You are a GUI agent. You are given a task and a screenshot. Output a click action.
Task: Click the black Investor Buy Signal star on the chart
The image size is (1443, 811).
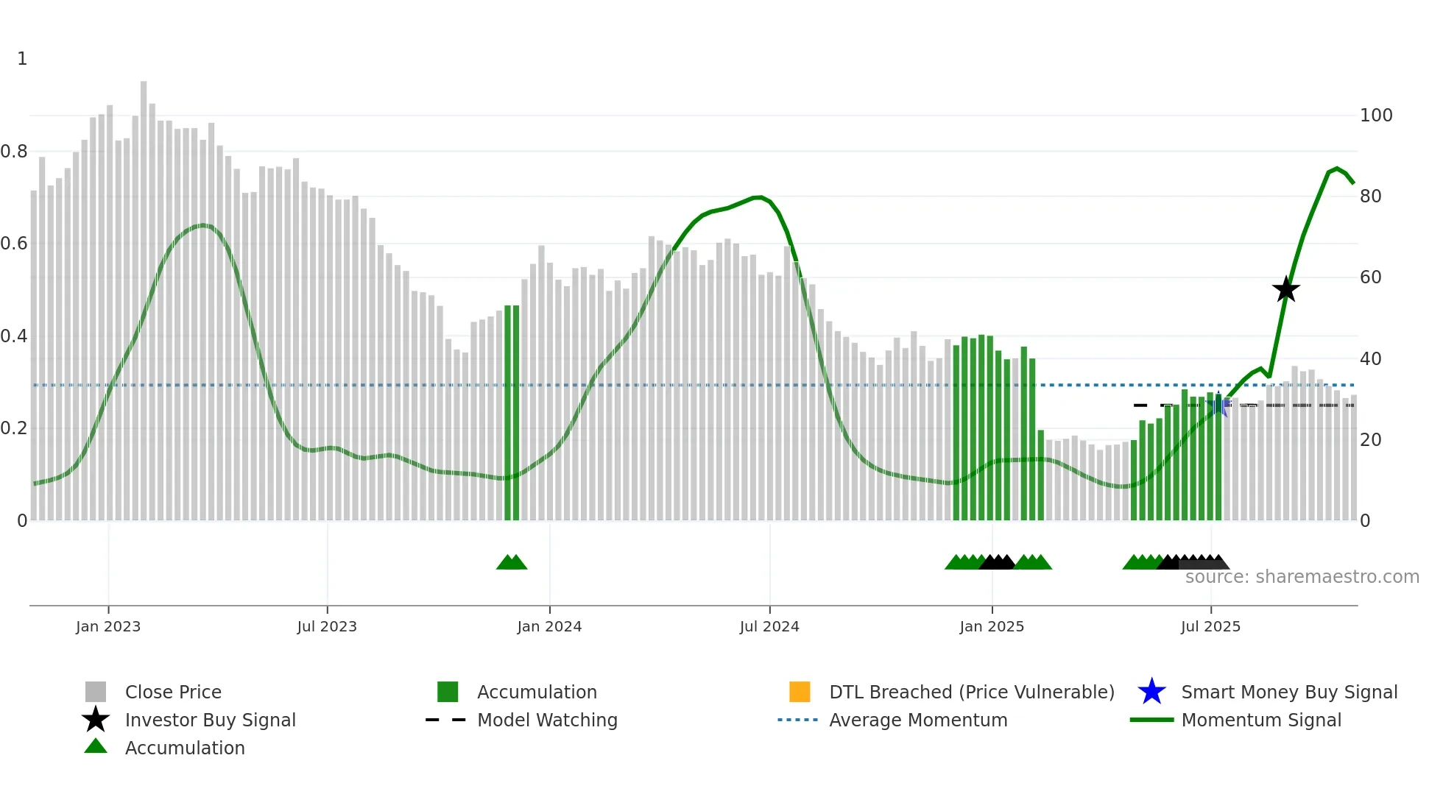[x=1285, y=289]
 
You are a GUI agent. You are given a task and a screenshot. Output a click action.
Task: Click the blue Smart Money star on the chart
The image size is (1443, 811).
[x=1218, y=405]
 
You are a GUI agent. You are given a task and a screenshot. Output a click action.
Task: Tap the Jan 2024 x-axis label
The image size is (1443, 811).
[x=549, y=626]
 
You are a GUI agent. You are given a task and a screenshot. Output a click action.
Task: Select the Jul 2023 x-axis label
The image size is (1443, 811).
[x=327, y=626]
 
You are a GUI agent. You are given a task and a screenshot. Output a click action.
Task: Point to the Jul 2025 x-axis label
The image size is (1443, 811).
[x=1210, y=626]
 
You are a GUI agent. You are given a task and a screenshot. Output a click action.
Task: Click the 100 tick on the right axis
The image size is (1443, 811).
[x=1375, y=116]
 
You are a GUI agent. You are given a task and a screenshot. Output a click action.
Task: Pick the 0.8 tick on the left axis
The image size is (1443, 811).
[x=14, y=152]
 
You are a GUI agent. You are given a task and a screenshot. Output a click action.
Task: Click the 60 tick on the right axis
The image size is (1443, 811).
[x=1370, y=277]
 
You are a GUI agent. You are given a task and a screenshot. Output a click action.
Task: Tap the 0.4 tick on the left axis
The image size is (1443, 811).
[x=14, y=336]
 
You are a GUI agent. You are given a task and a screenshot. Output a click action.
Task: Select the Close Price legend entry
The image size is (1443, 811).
[x=172, y=692]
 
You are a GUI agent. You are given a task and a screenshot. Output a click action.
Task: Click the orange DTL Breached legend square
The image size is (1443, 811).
[x=800, y=692]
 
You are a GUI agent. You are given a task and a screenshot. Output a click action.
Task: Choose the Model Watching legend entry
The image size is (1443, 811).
[x=546, y=720]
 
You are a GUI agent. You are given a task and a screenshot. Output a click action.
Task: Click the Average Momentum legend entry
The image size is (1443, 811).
[x=917, y=720]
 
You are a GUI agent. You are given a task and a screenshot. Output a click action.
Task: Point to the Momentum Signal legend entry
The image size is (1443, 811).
[x=1260, y=720]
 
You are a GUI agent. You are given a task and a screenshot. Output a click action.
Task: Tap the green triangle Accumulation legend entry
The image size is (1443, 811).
[x=184, y=748]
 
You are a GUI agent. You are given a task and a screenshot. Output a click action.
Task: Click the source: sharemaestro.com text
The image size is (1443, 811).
[x=1302, y=577]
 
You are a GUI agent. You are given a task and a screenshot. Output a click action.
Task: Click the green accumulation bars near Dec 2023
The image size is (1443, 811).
[x=512, y=412]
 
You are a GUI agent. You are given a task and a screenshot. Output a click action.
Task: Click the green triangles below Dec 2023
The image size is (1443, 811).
[x=512, y=562]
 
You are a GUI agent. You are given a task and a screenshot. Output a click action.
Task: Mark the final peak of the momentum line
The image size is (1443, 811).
[x=1337, y=169]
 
